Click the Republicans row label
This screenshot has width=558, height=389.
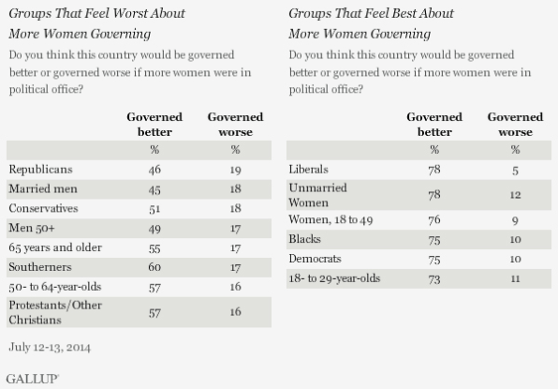point(40,170)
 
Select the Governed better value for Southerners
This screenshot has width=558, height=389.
point(154,267)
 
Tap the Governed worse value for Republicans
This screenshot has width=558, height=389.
point(235,170)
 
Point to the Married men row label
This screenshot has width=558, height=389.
point(43,188)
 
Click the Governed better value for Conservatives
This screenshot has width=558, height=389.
point(154,208)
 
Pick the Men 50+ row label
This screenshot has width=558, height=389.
point(32,228)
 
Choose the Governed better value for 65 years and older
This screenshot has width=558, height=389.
point(154,248)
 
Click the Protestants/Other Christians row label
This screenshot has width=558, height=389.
point(55,312)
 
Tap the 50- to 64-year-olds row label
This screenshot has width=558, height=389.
point(55,287)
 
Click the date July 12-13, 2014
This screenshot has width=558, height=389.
point(50,348)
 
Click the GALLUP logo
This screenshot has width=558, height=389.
point(33,379)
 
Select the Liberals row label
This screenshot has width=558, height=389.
point(309,170)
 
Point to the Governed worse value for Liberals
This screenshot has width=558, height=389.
point(515,171)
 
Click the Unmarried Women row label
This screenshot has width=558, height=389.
point(317,195)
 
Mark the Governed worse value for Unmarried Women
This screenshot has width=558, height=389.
point(515,195)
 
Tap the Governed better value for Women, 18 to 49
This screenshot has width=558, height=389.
point(434,219)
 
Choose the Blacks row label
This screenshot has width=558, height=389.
point(305,239)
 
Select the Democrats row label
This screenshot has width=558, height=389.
point(315,259)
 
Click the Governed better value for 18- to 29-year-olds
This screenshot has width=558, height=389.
point(434,279)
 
